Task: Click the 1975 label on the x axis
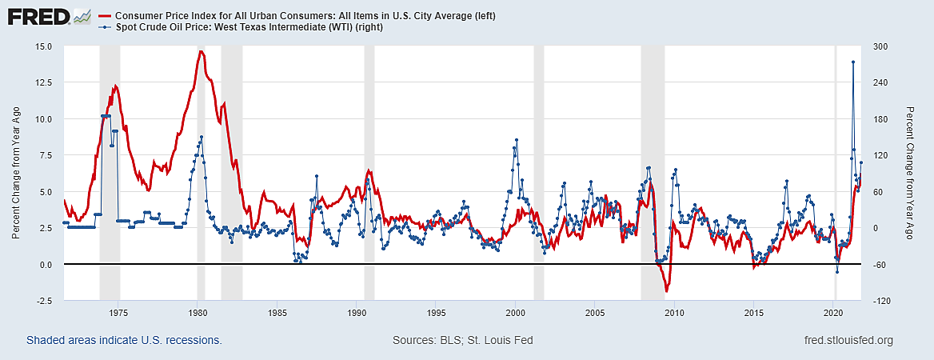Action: coord(119,312)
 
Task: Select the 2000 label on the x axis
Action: coord(516,312)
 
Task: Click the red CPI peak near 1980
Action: coord(201,52)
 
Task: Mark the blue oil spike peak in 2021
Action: coord(853,62)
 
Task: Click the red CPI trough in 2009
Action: coord(666,291)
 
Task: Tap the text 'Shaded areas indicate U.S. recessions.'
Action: coord(124,341)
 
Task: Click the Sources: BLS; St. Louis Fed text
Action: coord(462,341)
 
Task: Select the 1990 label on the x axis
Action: coord(357,312)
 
